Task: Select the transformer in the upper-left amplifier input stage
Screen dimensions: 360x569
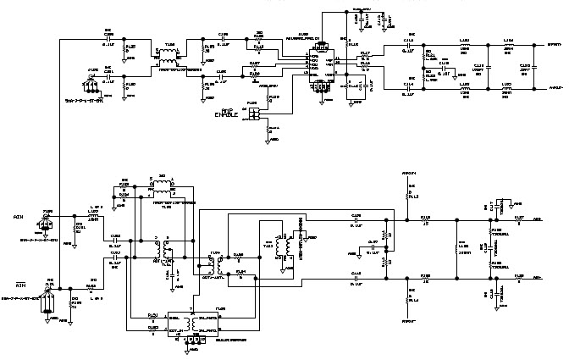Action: pyautogui.click(x=168, y=58)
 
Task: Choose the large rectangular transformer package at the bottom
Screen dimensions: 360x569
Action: pyautogui.click(x=196, y=323)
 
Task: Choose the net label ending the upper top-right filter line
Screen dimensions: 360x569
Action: pyautogui.click(x=550, y=44)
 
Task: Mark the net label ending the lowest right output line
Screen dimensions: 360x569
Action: pyautogui.click(x=539, y=277)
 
